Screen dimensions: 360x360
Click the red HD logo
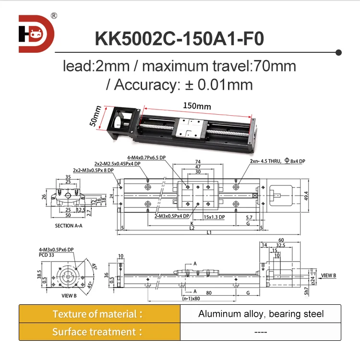(x=36, y=34)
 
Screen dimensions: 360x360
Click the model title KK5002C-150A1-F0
(x=180, y=38)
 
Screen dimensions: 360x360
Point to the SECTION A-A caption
(x=69, y=225)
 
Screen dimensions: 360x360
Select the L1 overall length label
(x=210, y=233)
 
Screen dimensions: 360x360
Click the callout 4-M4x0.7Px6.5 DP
(x=147, y=157)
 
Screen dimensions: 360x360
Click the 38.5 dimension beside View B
(x=25, y=275)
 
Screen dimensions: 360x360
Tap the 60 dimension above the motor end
(x=281, y=240)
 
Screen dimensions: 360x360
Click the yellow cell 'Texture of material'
(x=99, y=314)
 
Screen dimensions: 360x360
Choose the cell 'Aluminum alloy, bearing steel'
(x=261, y=314)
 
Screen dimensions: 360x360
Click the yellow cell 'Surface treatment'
(x=99, y=332)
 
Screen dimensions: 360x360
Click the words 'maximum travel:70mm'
(x=219, y=66)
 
